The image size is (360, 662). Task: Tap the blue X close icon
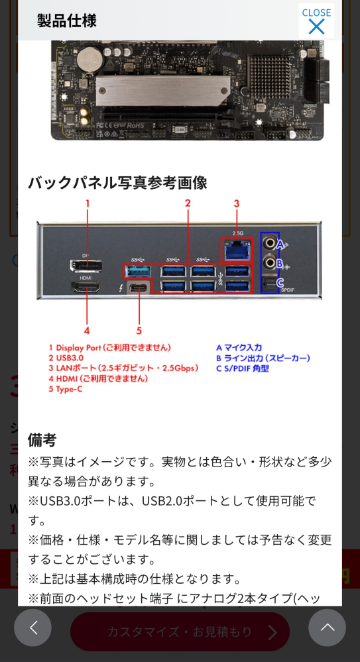[316, 27]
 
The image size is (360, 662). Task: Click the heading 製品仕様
[66, 21]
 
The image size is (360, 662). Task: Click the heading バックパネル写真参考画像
[117, 182]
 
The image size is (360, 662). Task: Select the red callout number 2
[188, 203]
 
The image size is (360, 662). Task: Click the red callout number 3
[236, 203]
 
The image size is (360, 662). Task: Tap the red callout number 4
[87, 329]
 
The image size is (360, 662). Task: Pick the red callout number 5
[139, 329]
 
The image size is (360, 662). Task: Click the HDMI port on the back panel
[86, 288]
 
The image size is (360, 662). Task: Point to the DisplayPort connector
[86, 266]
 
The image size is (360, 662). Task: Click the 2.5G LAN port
[236, 250]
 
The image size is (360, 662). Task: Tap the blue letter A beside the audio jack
[280, 244]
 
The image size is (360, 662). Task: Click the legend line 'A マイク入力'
[239, 347]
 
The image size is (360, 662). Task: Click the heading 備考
[42, 439]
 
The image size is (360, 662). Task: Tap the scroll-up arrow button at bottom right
[327, 628]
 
